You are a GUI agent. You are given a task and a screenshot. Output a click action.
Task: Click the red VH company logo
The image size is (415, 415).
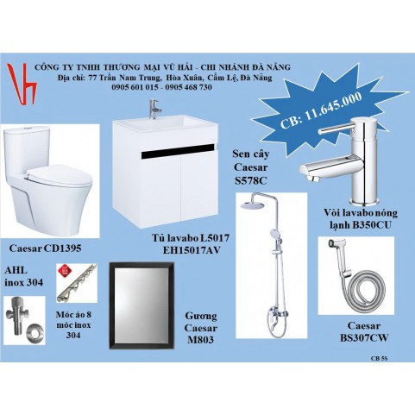[22, 84]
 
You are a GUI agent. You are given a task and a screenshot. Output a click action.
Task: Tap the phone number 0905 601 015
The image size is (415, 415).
[135, 87]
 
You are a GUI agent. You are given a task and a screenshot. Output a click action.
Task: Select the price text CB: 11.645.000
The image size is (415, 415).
[321, 110]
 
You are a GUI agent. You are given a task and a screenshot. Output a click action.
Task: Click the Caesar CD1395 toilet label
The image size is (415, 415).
[45, 248]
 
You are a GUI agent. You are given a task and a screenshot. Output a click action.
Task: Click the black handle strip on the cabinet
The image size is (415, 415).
[178, 151]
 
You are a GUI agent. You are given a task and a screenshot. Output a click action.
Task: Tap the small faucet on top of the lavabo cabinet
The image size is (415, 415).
[154, 109]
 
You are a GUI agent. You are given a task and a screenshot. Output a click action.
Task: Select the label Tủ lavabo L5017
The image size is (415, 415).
[191, 238]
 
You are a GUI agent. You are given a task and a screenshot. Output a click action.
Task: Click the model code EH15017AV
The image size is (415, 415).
[192, 250]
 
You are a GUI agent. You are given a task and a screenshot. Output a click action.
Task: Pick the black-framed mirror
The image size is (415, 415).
[141, 305]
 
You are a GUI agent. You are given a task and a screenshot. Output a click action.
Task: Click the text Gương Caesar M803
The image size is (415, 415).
[201, 328]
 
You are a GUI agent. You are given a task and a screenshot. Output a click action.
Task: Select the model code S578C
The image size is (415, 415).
[250, 180]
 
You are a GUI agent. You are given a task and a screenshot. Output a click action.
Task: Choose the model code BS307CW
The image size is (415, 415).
[364, 337]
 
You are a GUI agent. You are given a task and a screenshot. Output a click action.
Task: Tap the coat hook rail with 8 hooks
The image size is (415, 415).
[77, 283]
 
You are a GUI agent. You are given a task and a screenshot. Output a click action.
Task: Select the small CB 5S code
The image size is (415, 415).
[379, 358]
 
